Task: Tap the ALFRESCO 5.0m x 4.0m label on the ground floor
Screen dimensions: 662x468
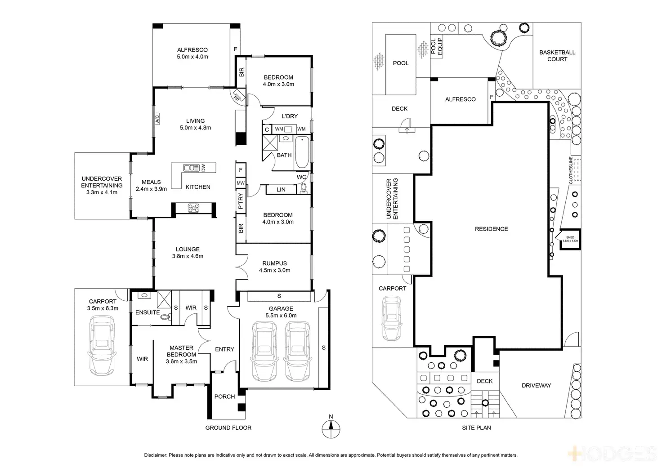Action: [192, 53]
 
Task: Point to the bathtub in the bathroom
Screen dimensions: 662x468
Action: [302, 152]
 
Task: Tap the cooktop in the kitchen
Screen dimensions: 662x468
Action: [194, 208]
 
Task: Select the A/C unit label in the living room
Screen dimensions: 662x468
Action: [157, 119]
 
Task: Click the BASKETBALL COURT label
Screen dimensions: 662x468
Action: [557, 56]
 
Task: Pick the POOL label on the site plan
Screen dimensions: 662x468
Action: [401, 63]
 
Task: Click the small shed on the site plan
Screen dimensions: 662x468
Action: [570, 239]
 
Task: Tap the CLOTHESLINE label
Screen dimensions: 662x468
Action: [571, 170]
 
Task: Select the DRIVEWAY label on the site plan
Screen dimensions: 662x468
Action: [536, 385]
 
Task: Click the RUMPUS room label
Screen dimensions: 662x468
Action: [275, 267]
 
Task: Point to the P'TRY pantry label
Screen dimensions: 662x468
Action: [241, 201]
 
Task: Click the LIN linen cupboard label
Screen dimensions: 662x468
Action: [281, 190]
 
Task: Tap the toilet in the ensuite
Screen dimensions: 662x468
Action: [165, 317]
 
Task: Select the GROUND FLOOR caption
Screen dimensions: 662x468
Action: [228, 428]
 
